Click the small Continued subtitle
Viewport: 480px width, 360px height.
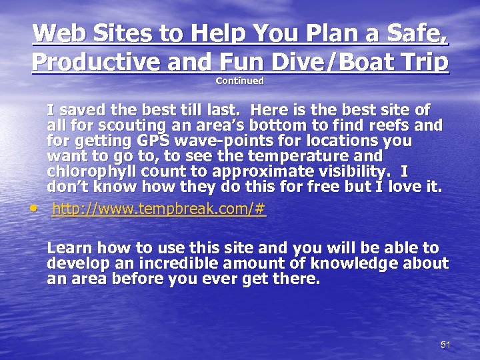pos(240,81)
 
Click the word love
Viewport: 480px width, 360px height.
pos(397,188)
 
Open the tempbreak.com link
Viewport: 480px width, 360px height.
pos(159,209)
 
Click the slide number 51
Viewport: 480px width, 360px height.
pos(445,344)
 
